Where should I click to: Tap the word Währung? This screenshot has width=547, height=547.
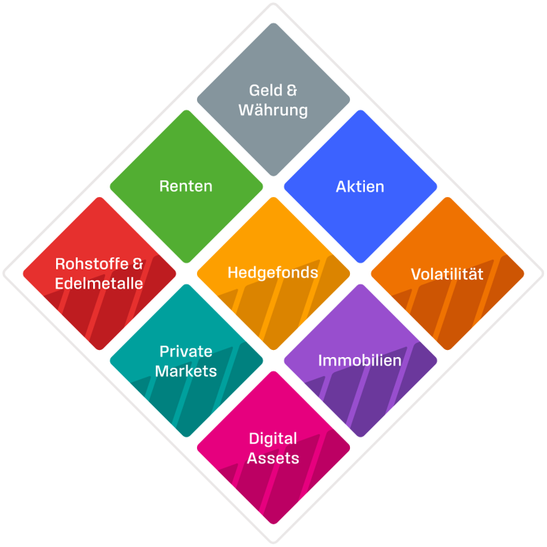pyautogui.click(x=273, y=110)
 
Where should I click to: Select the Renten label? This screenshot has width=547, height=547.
pyautogui.click(x=186, y=186)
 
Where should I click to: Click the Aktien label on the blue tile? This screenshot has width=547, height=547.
pyautogui.click(x=360, y=186)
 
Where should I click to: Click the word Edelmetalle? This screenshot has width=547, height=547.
pyautogui.click(x=99, y=283)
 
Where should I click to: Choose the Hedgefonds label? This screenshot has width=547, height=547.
pyautogui.click(x=273, y=272)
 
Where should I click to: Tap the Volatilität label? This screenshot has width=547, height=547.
pyautogui.click(x=447, y=274)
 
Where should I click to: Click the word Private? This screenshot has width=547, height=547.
pyautogui.click(x=186, y=351)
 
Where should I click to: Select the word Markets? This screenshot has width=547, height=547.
pyautogui.click(x=186, y=371)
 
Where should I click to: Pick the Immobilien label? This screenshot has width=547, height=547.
pyautogui.click(x=360, y=360)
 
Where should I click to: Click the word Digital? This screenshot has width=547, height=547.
pyautogui.click(x=273, y=438)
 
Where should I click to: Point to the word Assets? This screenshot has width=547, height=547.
pyautogui.click(x=273, y=458)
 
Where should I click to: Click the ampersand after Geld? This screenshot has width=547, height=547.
pyautogui.click(x=291, y=90)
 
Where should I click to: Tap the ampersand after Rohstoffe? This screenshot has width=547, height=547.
pyautogui.click(x=138, y=264)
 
